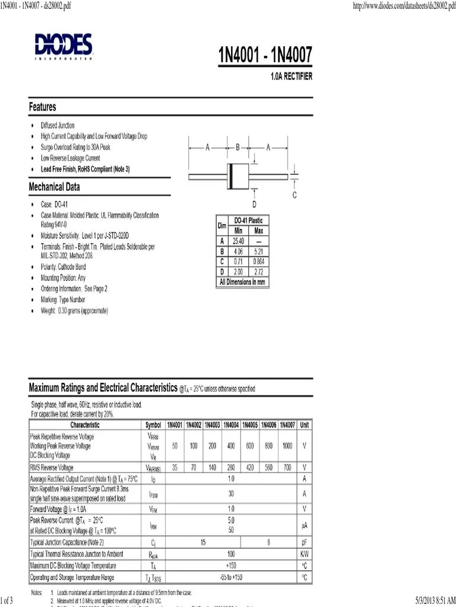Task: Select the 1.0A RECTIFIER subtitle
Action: [x=292, y=77]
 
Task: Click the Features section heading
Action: [x=43, y=107]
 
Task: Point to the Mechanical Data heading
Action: [x=55, y=187]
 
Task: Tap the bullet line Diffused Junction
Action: [x=58, y=126]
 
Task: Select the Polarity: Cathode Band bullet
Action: [x=63, y=267]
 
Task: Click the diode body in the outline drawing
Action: [x=237, y=177]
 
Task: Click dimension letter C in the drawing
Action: [x=294, y=195]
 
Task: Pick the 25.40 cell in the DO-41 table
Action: [x=239, y=241]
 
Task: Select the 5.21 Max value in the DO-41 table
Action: [x=258, y=251]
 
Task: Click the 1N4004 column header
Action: [x=232, y=425]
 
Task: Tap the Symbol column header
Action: [x=153, y=425]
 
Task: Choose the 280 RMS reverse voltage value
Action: [x=232, y=468]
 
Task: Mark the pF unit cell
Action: [x=304, y=542]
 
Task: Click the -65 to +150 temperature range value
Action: [x=231, y=577]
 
